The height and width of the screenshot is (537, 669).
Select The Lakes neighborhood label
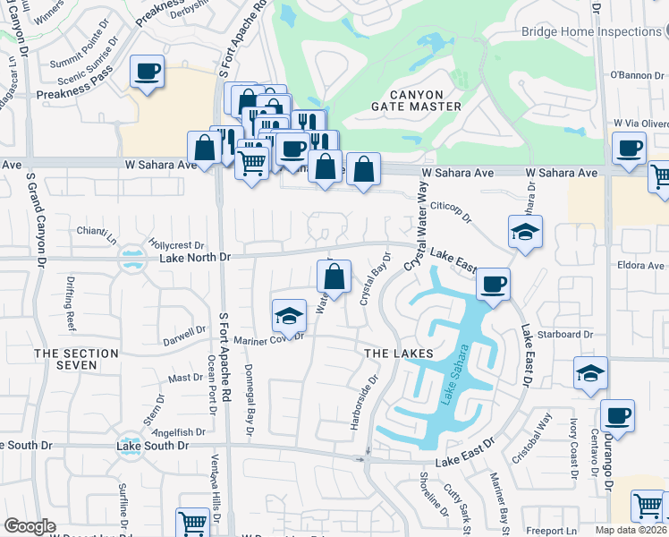399,354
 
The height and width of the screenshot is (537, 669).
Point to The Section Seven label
76,361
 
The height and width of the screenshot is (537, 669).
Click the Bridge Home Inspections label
591,32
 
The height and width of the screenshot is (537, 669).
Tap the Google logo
30,526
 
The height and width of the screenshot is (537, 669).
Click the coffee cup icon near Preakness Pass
147,72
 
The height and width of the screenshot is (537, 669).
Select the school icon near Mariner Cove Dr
288,315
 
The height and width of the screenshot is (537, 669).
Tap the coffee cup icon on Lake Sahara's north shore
492,285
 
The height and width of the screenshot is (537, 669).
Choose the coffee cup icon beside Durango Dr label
616,415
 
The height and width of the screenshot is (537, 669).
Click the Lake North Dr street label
195,258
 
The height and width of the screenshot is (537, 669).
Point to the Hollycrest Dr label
178,244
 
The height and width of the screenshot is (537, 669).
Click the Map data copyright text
631,531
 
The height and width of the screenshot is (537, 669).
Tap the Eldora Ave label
641,266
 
